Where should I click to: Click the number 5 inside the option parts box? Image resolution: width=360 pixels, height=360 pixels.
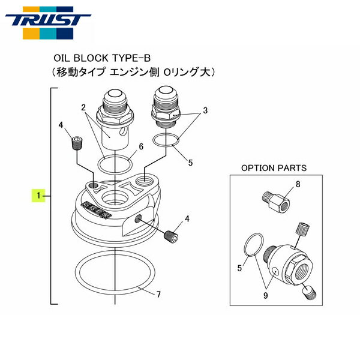pos(239,269)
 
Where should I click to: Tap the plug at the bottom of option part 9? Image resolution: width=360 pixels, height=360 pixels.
pos(310,292)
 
